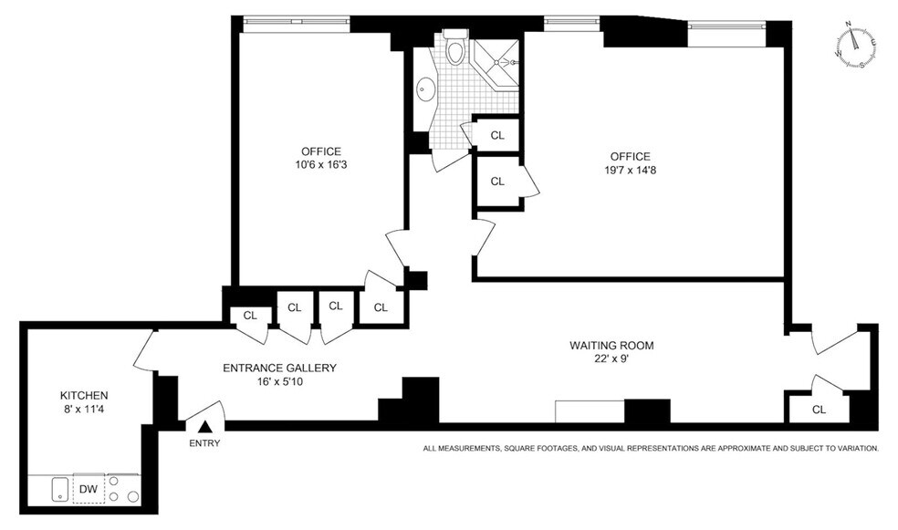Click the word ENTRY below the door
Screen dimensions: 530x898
tap(205, 443)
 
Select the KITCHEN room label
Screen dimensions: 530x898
tap(84, 395)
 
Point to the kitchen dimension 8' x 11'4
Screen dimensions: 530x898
tap(84, 410)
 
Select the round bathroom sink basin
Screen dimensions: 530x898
tap(425, 89)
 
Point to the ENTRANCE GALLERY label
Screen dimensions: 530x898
tap(280, 368)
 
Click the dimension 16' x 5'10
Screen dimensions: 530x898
tap(280, 382)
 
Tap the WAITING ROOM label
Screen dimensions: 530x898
tap(611, 346)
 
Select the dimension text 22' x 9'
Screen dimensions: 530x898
tap(611, 360)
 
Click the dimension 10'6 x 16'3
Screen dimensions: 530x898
tap(321, 166)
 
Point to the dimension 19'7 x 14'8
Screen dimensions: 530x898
tap(625, 171)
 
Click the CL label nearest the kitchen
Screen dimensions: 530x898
tap(250, 316)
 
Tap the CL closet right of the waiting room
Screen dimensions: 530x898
tap(819, 410)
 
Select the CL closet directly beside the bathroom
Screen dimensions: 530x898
tap(497, 135)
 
